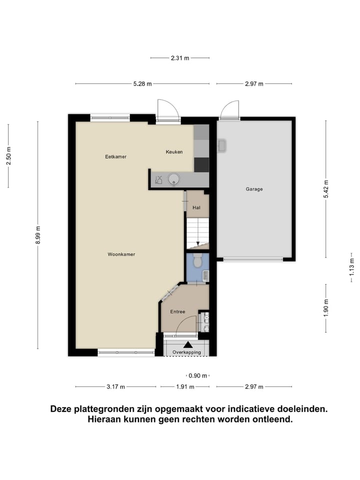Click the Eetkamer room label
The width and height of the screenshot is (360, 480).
(x=115, y=156)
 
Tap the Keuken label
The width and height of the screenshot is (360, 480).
(x=174, y=152)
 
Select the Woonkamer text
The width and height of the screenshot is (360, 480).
(x=121, y=254)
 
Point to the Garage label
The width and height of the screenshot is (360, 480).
(x=254, y=189)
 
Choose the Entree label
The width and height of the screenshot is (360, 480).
(x=177, y=311)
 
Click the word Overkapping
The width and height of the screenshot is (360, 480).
(x=186, y=352)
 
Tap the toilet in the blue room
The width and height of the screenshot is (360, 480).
(x=197, y=260)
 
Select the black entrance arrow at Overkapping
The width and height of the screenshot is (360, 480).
(x=188, y=344)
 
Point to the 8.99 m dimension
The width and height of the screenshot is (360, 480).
(x=38, y=235)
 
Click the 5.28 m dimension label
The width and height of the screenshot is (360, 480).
(x=142, y=84)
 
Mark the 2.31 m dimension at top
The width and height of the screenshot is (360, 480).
(x=180, y=58)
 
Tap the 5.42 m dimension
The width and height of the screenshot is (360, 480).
(x=326, y=188)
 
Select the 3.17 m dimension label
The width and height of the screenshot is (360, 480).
(x=115, y=386)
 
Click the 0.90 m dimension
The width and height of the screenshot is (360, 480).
(x=197, y=375)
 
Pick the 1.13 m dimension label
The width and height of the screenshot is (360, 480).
(x=351, y=270)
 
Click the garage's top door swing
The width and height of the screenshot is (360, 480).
(x=230, y=109)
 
